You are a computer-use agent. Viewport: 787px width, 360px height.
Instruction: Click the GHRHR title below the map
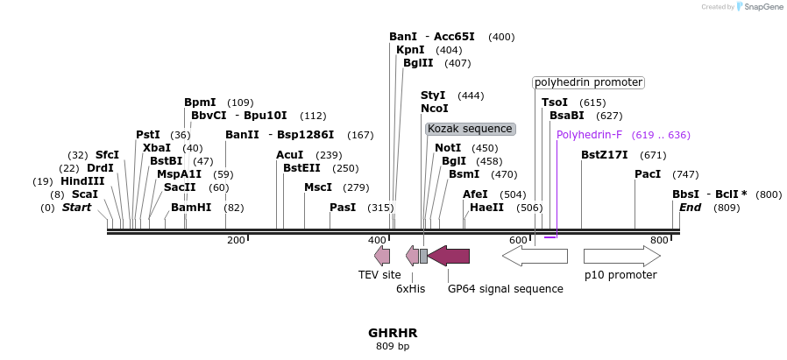coord(393,333)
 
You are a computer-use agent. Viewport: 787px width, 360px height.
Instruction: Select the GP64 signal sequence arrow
coord(449,256)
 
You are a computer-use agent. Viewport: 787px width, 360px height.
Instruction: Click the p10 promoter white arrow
coord(621,256)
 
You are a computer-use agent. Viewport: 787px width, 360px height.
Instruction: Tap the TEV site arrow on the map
coord(382,256)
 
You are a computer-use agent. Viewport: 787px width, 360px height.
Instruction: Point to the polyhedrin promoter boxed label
coord(589,82)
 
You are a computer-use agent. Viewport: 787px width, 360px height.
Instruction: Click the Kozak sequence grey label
coord(470,129)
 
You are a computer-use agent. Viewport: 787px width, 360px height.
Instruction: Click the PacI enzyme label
coord(648,174)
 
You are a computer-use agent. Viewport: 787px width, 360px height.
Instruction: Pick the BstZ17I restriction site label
coord(605,155)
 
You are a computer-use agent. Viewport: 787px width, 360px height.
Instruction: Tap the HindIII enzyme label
coord(82,181)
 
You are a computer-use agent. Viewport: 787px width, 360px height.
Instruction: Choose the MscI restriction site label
coord(318,187)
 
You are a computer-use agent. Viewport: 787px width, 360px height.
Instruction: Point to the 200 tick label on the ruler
coord(236,240)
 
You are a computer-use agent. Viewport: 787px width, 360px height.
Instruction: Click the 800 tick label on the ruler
coord(659,240)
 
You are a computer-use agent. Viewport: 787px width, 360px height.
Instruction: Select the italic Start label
coord(76,208)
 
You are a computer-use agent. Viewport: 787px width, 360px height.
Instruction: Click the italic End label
coord(691,208)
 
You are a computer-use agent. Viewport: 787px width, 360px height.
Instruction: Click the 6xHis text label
coord(410,288)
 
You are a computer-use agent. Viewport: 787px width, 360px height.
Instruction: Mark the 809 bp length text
coord(393,347)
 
